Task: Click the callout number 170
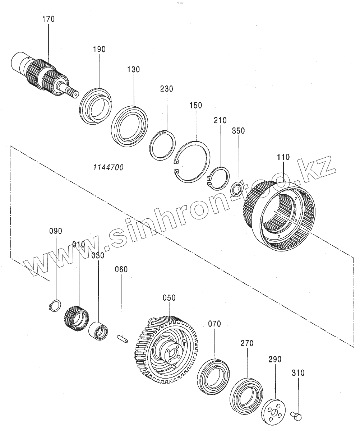49,19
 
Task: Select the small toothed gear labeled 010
77,318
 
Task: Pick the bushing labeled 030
98,330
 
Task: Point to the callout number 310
298,373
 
